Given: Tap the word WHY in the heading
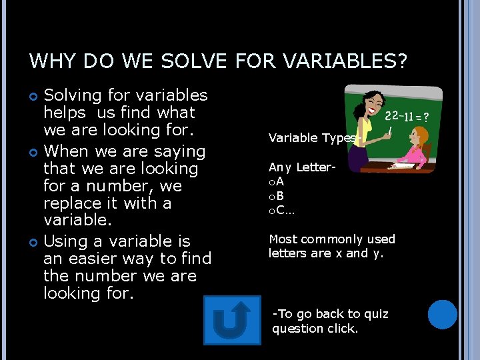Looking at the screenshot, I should coord(52,61).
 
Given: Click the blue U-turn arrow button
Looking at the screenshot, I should coord(232,320).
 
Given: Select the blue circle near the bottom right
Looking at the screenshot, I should coord(442,315).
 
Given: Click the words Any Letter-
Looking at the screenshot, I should coord(301,167).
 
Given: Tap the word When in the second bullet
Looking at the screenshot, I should coord(66,151).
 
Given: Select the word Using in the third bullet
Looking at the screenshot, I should coord(65,241).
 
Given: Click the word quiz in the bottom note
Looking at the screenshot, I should coord(377,314).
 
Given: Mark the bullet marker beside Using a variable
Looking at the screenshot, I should coord(34,241).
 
